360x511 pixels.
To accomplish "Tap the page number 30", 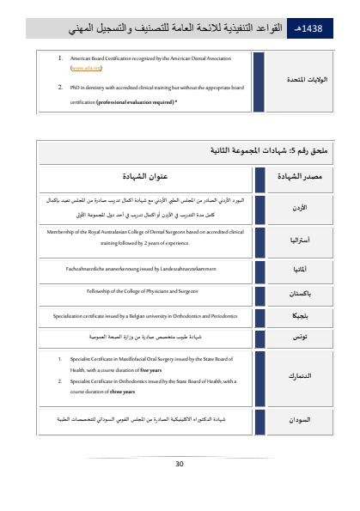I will pos(180,464).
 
